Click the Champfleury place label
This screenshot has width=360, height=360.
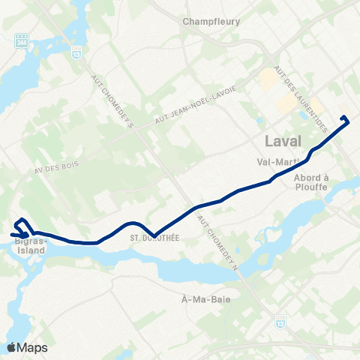click(211, 22)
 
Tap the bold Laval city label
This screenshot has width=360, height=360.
click(283, 141)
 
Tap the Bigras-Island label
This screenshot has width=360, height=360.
click(31, 247)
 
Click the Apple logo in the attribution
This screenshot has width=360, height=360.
click(11, 347)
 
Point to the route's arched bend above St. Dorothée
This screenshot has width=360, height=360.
click(133, 223)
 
